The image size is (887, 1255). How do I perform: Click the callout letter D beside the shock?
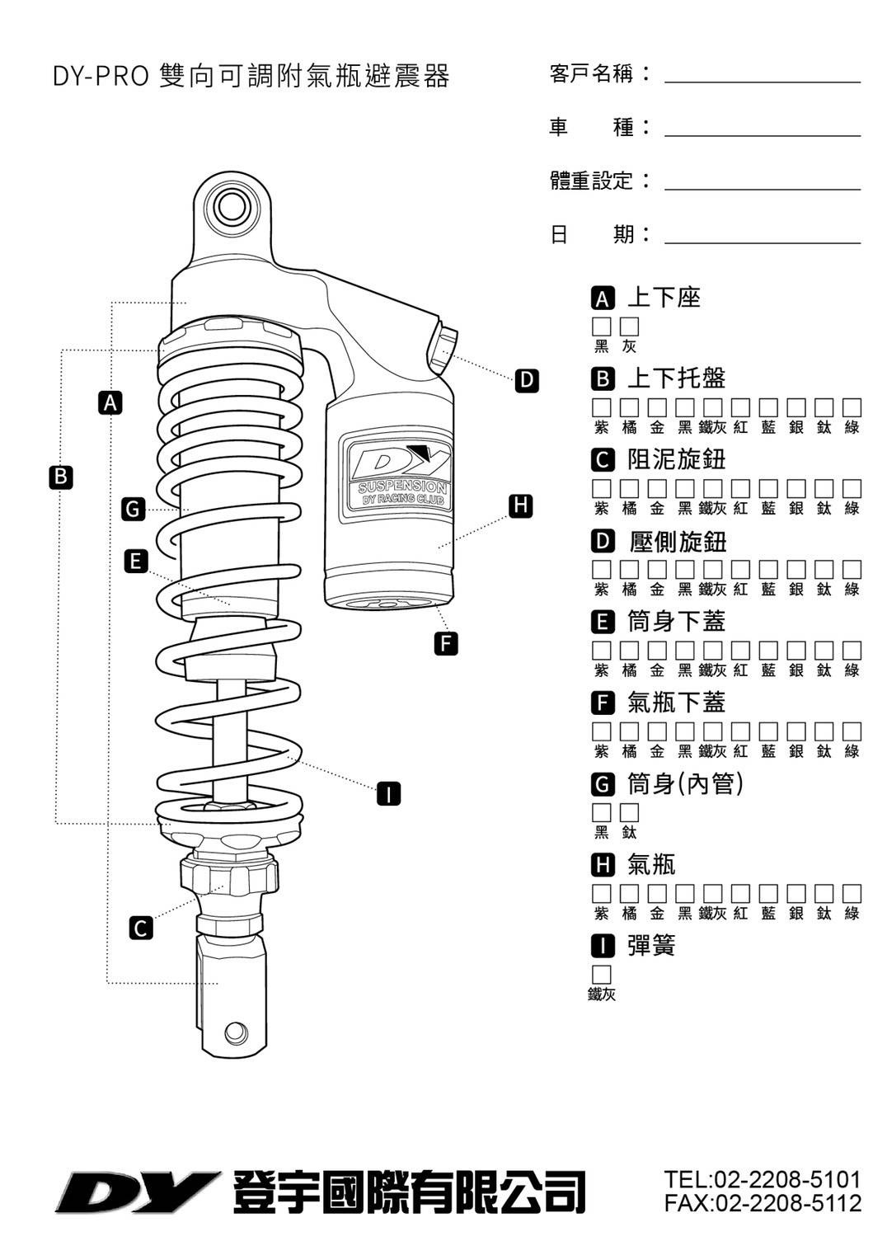[526, 380]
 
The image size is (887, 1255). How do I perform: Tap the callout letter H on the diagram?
[519, 505]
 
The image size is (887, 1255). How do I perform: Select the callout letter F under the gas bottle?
[445, 643]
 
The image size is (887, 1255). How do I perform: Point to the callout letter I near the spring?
[388, 794]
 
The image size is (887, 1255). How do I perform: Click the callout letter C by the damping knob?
[141, 928]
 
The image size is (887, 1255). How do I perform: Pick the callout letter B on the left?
[60, 477]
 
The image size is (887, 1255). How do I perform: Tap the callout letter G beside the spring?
[133, 509]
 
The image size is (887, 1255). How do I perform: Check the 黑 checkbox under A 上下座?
[602, 327]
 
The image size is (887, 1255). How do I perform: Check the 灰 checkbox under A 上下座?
[630, 327]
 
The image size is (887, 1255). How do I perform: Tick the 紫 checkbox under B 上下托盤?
[602, 407]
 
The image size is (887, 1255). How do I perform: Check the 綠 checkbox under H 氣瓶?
[852, 893]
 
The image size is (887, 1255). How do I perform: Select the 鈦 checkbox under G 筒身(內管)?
[630, 812]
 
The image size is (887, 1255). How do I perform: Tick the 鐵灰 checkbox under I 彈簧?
[602, 975]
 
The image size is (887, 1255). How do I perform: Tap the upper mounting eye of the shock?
[231, 207]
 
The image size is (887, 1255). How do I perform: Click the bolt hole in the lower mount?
[235, 1032]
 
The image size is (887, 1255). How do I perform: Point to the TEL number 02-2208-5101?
[763, 1179]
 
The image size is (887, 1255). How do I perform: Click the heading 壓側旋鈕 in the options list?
[677, 542]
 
